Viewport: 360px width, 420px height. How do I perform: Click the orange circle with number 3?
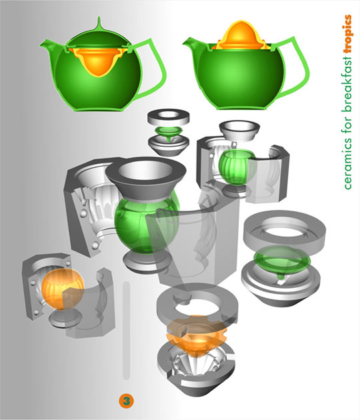pos(126,401)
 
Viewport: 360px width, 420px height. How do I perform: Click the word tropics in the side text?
pos(347,34)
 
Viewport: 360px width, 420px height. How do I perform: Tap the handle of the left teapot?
pos(152,70)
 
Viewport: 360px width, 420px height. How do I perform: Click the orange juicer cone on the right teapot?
pos(241,35)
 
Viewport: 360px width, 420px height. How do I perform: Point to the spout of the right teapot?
pos(193,45)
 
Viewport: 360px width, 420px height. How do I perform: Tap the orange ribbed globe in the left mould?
pos(62,289)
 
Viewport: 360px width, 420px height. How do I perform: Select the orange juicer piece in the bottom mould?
pos(197,334)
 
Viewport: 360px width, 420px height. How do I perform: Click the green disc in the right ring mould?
pos(282,261)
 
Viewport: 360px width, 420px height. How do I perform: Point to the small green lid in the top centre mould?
pos(169,132)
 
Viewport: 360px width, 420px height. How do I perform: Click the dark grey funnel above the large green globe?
pos(146,177)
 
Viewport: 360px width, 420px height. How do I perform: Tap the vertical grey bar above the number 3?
pos(126,330)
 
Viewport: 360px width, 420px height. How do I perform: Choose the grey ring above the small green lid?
pos(169,117)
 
